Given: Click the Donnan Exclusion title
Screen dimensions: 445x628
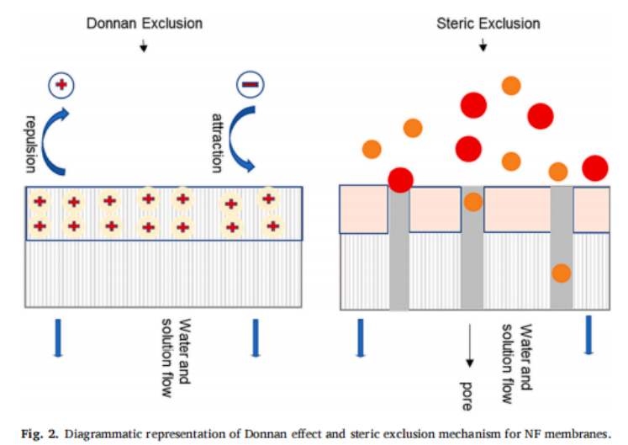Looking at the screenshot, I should (145, 23).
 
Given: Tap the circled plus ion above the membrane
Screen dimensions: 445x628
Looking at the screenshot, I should (61, 84).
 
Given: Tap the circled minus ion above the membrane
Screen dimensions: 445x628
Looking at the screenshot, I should (252, 84).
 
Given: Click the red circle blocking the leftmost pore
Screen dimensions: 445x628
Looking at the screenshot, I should (401, 179).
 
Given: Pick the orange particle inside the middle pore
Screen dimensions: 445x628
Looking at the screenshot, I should (472, 202).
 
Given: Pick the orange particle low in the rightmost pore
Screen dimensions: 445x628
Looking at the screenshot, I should (561, 273).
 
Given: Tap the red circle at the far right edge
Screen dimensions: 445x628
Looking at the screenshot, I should (596, 167).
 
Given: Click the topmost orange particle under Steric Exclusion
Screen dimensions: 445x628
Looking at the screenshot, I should (510, 85).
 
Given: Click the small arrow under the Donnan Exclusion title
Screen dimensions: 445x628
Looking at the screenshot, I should (145, 45).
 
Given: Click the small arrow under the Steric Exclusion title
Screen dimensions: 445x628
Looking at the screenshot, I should (483, 45).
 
